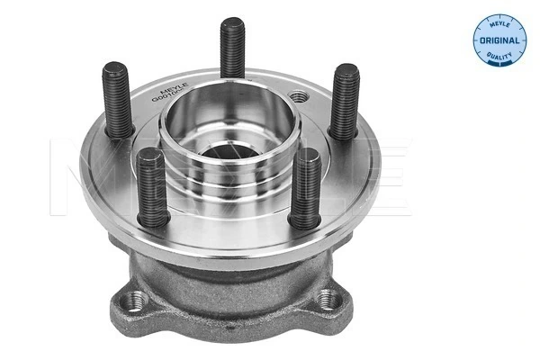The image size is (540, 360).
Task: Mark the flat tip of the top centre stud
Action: pos(230,21)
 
